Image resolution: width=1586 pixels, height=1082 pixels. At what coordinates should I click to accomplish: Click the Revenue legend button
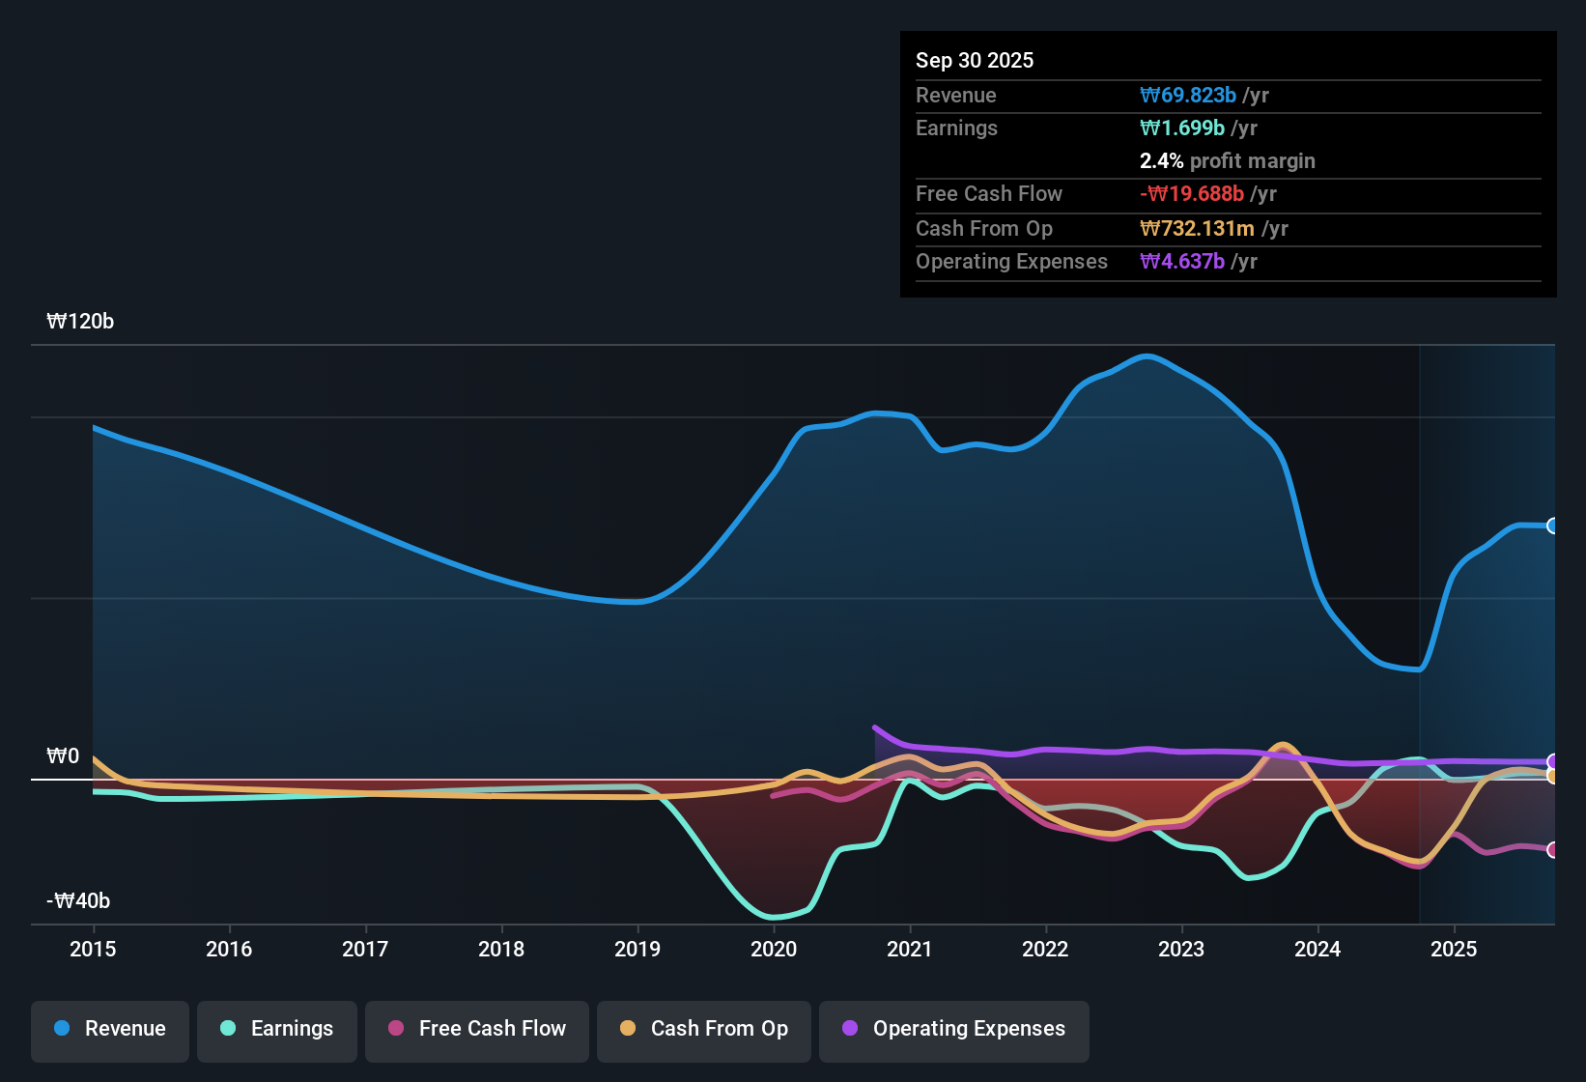(x=110, y=1029)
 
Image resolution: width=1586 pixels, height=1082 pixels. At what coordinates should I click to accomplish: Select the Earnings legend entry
(x=276, y=1029)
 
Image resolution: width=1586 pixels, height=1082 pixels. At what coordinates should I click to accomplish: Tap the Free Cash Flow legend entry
(x=477, y=1029)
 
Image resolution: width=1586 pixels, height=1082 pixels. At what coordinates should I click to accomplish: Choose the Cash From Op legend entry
(x=704, y=1029)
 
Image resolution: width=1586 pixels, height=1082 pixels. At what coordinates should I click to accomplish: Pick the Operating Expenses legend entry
(x=954, y=1029)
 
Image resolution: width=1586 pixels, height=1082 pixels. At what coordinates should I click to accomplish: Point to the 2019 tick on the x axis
(x=637, y=949)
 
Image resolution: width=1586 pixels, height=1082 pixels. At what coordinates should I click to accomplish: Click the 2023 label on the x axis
(x=1181, y=949)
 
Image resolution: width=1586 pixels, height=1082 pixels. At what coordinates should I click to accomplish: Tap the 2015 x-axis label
(x=93, y=949)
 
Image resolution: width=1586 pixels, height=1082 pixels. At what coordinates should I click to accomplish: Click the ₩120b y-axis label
(x=80, y=322)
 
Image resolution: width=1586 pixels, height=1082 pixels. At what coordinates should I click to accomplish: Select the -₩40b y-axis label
(x=78, y=901)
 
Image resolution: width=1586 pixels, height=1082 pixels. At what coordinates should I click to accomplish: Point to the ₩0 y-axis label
(x=63, y=756)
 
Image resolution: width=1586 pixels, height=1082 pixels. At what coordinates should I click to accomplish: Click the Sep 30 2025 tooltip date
(x=974, y=61)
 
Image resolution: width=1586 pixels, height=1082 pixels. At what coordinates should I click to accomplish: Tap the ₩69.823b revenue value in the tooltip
(x=1188, y=96)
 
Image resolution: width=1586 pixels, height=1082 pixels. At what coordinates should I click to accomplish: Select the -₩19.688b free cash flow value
(x=1192, y=194)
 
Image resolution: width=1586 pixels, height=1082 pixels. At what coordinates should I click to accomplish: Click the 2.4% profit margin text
(x=1227, y=161)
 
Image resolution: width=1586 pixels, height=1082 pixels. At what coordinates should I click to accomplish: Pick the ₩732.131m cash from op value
(x=1197, y=229)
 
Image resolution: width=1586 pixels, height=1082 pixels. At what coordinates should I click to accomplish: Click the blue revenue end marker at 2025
(x=1552, y=526)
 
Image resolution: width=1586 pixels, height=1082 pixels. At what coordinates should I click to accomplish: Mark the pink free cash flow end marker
(x=1552, y=850)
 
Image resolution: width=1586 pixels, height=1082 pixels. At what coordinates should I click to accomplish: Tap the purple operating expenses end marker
(x=1552, y=761)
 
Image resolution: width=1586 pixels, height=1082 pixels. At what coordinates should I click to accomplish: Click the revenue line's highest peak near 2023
(x=1147, y=356)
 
